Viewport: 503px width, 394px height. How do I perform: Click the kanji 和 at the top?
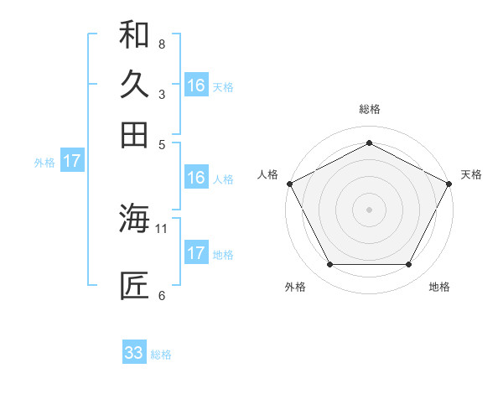(x=134, y=34)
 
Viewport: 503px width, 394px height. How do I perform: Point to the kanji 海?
(x=134, y=219)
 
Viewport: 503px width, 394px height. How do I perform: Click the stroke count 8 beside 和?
(x=162, y=44)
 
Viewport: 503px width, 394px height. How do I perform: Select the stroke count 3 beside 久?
(x=162, y=94)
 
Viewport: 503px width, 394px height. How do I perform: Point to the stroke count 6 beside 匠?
(x=162, y=295)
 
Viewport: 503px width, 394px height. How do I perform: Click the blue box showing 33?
(x=134, y=353)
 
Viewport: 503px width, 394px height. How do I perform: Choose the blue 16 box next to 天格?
(x=196, y=86)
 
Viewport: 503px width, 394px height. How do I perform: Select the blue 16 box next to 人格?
(x=196, y=178)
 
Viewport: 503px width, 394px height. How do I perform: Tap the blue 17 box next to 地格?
(x=196, y=253)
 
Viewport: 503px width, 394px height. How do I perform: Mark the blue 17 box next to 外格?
(x=72, y=161)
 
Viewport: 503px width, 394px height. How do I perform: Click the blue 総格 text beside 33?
(x=162, y=355)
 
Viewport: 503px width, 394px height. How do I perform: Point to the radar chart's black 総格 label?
(x=370, y=109)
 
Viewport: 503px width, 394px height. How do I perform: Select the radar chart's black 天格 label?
(x=471, y=174)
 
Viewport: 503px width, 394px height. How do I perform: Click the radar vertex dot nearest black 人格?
(x=289, y=183)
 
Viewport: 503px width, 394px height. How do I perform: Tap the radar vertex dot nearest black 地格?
(x=409, y=265)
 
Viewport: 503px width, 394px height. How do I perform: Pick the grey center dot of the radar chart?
(x=370, y=209)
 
